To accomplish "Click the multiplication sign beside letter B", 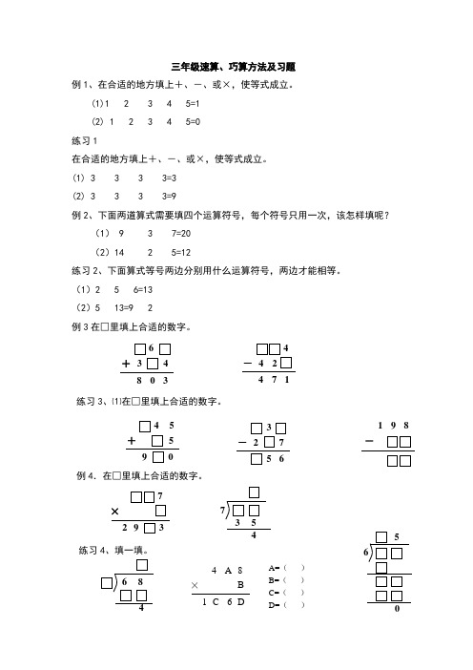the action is [195, 584].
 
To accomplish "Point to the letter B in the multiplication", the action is [240, 584].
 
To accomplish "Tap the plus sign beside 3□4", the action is [126, 364].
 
